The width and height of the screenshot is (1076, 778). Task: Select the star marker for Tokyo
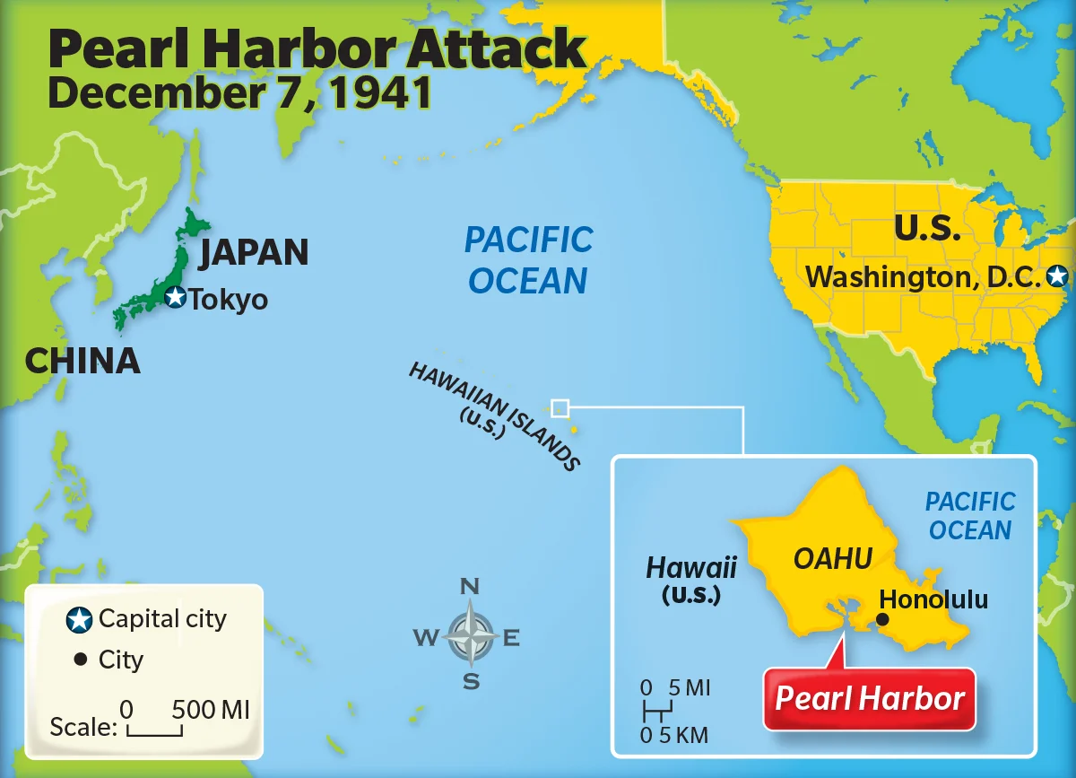tap(176, 297)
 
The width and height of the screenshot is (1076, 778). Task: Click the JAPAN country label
tap(254, 253)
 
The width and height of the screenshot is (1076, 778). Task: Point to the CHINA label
tap(82, 361)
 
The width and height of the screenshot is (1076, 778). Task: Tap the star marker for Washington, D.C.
tap(1058, 276)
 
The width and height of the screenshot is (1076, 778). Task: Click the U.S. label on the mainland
tap(927, 229)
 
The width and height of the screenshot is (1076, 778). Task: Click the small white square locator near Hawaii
tap(560, 408)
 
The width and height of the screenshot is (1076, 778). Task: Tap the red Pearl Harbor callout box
tap(869, 698)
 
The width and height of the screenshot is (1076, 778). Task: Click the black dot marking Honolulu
tap(882, 619)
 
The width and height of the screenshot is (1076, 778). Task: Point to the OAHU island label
tap(833, 559)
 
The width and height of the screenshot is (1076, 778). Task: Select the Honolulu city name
tap(933, 599)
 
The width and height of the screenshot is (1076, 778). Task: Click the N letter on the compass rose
tap(469, 587)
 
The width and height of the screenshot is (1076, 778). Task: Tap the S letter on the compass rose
tap(471, 682)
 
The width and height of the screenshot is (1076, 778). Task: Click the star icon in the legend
tap(80, 619)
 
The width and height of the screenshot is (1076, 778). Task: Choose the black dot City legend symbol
tap(80, 660)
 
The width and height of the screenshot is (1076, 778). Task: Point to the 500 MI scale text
tap(211, 710)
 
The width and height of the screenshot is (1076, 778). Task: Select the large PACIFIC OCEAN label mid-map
tap(528, 260)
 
